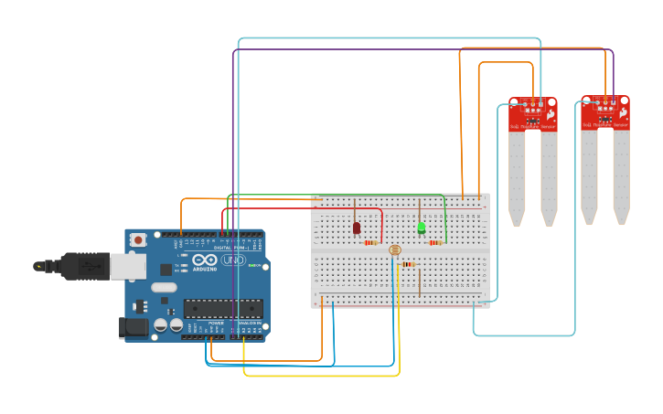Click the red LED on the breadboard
pyautogui.click(x=357, y=228)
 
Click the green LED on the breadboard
pyautogui.click(x=422, y=228)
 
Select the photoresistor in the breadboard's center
pyautogui.click(x=395, y=249)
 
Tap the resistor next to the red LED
pyautogui.click(x=370, y=243)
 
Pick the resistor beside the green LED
pyautogui.click(x=435, y=243)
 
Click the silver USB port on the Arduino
pyautogui.click(x=127, y=265)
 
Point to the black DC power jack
pyautogui.click(x=134, y=327)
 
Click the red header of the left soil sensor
pyautogui.click(x=533, y=113)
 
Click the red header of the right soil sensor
pyautogui.click(x=605, y=111)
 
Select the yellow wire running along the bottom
pyautogui.click(x=320, y=375)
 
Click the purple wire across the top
pyautogui.click(x=421, y=50)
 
